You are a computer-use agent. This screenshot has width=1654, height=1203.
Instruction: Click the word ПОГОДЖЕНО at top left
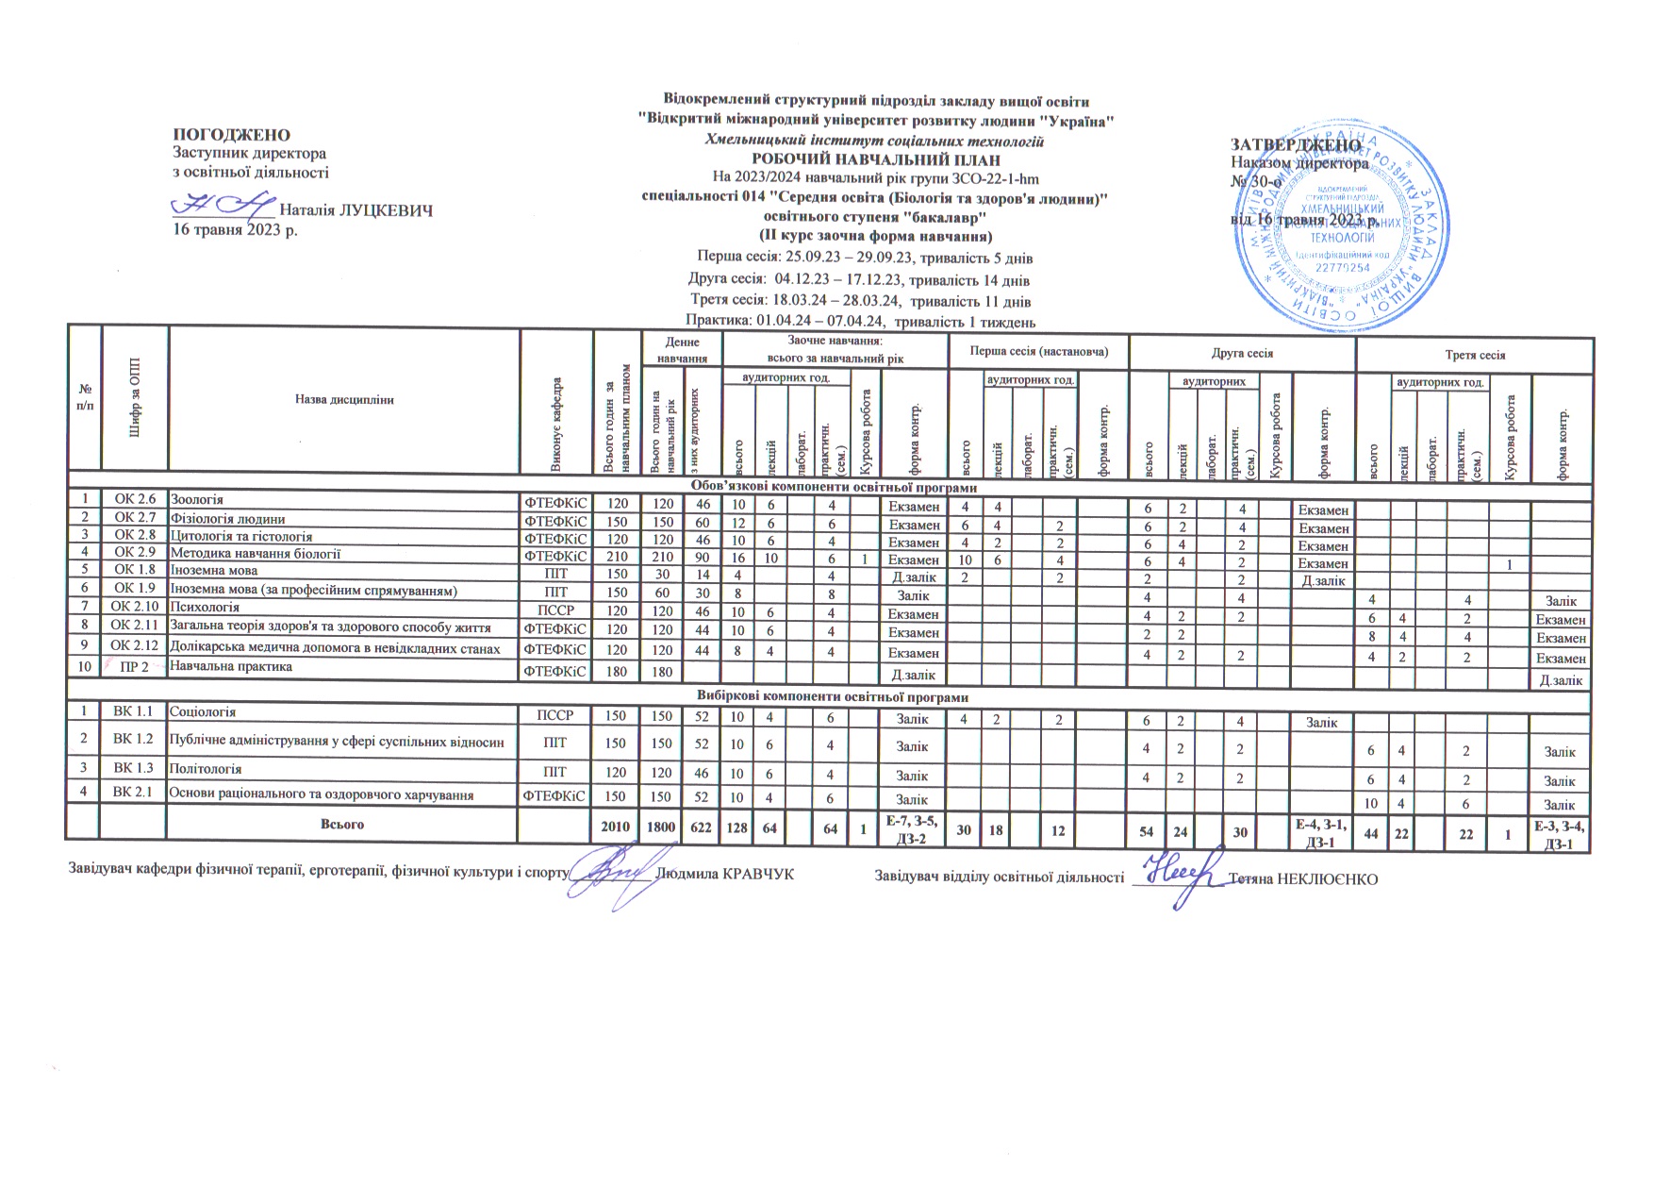point(230,136)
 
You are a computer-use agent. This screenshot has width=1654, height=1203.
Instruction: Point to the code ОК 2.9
point(134,553)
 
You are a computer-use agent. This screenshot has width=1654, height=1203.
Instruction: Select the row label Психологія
point(203,608)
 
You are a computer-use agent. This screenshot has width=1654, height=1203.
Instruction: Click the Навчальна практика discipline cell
point(230,667)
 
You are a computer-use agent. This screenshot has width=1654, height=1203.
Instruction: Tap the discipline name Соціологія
point(202,712)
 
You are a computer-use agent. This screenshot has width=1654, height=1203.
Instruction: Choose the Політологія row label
point(205,769)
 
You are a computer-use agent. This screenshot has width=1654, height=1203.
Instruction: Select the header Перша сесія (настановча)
point(1037,353)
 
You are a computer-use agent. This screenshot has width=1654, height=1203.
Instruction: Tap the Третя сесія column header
point(1474,356)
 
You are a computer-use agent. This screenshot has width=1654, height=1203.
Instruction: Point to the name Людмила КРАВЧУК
point(723,875)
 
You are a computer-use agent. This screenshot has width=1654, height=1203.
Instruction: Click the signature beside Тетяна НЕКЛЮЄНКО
point(1179,877)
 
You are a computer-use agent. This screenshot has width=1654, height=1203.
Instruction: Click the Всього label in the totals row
point(342,825)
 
